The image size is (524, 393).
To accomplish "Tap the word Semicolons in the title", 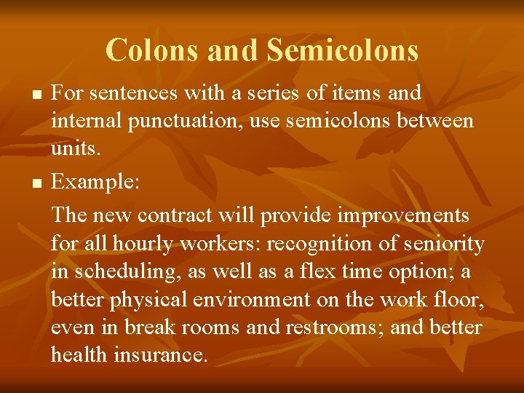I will pyautogui.click(x=342, y=50).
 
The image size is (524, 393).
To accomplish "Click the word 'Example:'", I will pyautogui.click(x=95, y=183).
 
